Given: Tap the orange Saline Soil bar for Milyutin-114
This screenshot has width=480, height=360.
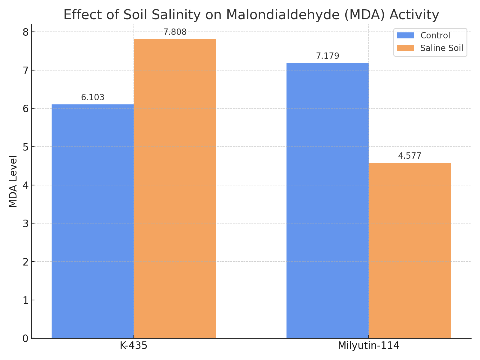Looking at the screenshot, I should [410, 250].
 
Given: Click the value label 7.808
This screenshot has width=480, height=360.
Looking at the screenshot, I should [175, 32].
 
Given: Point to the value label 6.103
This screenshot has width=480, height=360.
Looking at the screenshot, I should [93, 97].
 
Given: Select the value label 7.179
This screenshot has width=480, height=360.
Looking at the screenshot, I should [328, 56].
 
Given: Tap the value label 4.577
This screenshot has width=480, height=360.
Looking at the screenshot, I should [410, 156].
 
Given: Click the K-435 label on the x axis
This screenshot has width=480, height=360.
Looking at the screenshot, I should [133, 346].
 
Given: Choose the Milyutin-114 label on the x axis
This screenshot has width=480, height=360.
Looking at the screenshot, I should [369, 346].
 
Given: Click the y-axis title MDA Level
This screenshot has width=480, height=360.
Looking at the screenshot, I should [13, 181].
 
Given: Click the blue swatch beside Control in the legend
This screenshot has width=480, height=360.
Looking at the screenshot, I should [405, 36].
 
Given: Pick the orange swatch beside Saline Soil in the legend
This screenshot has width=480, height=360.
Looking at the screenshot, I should [405, 48].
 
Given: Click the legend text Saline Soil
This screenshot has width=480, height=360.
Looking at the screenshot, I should [442, 48].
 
